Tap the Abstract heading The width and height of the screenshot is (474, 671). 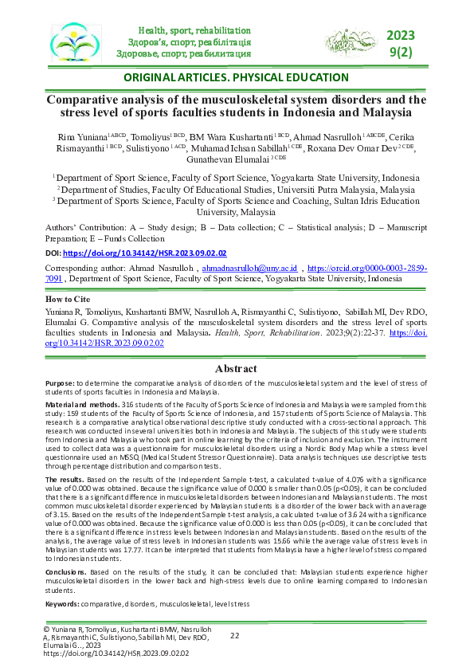click(x=237, y=369)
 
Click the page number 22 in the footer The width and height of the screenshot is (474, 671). click(x=235, y=635)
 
